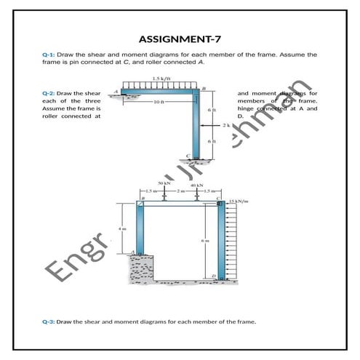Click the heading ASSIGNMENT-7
click(x=180, y=39)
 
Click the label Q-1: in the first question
click(x=49, y=55)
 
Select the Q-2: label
click(x=49, y=94)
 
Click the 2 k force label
click(x=226, y=125)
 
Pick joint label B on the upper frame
click(x=203, y=87)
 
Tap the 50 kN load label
click(x=164, y=183)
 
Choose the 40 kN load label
click(x=195, y=186)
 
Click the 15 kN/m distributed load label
click(x=238, y=201)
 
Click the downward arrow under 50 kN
click(x=165, y=196)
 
